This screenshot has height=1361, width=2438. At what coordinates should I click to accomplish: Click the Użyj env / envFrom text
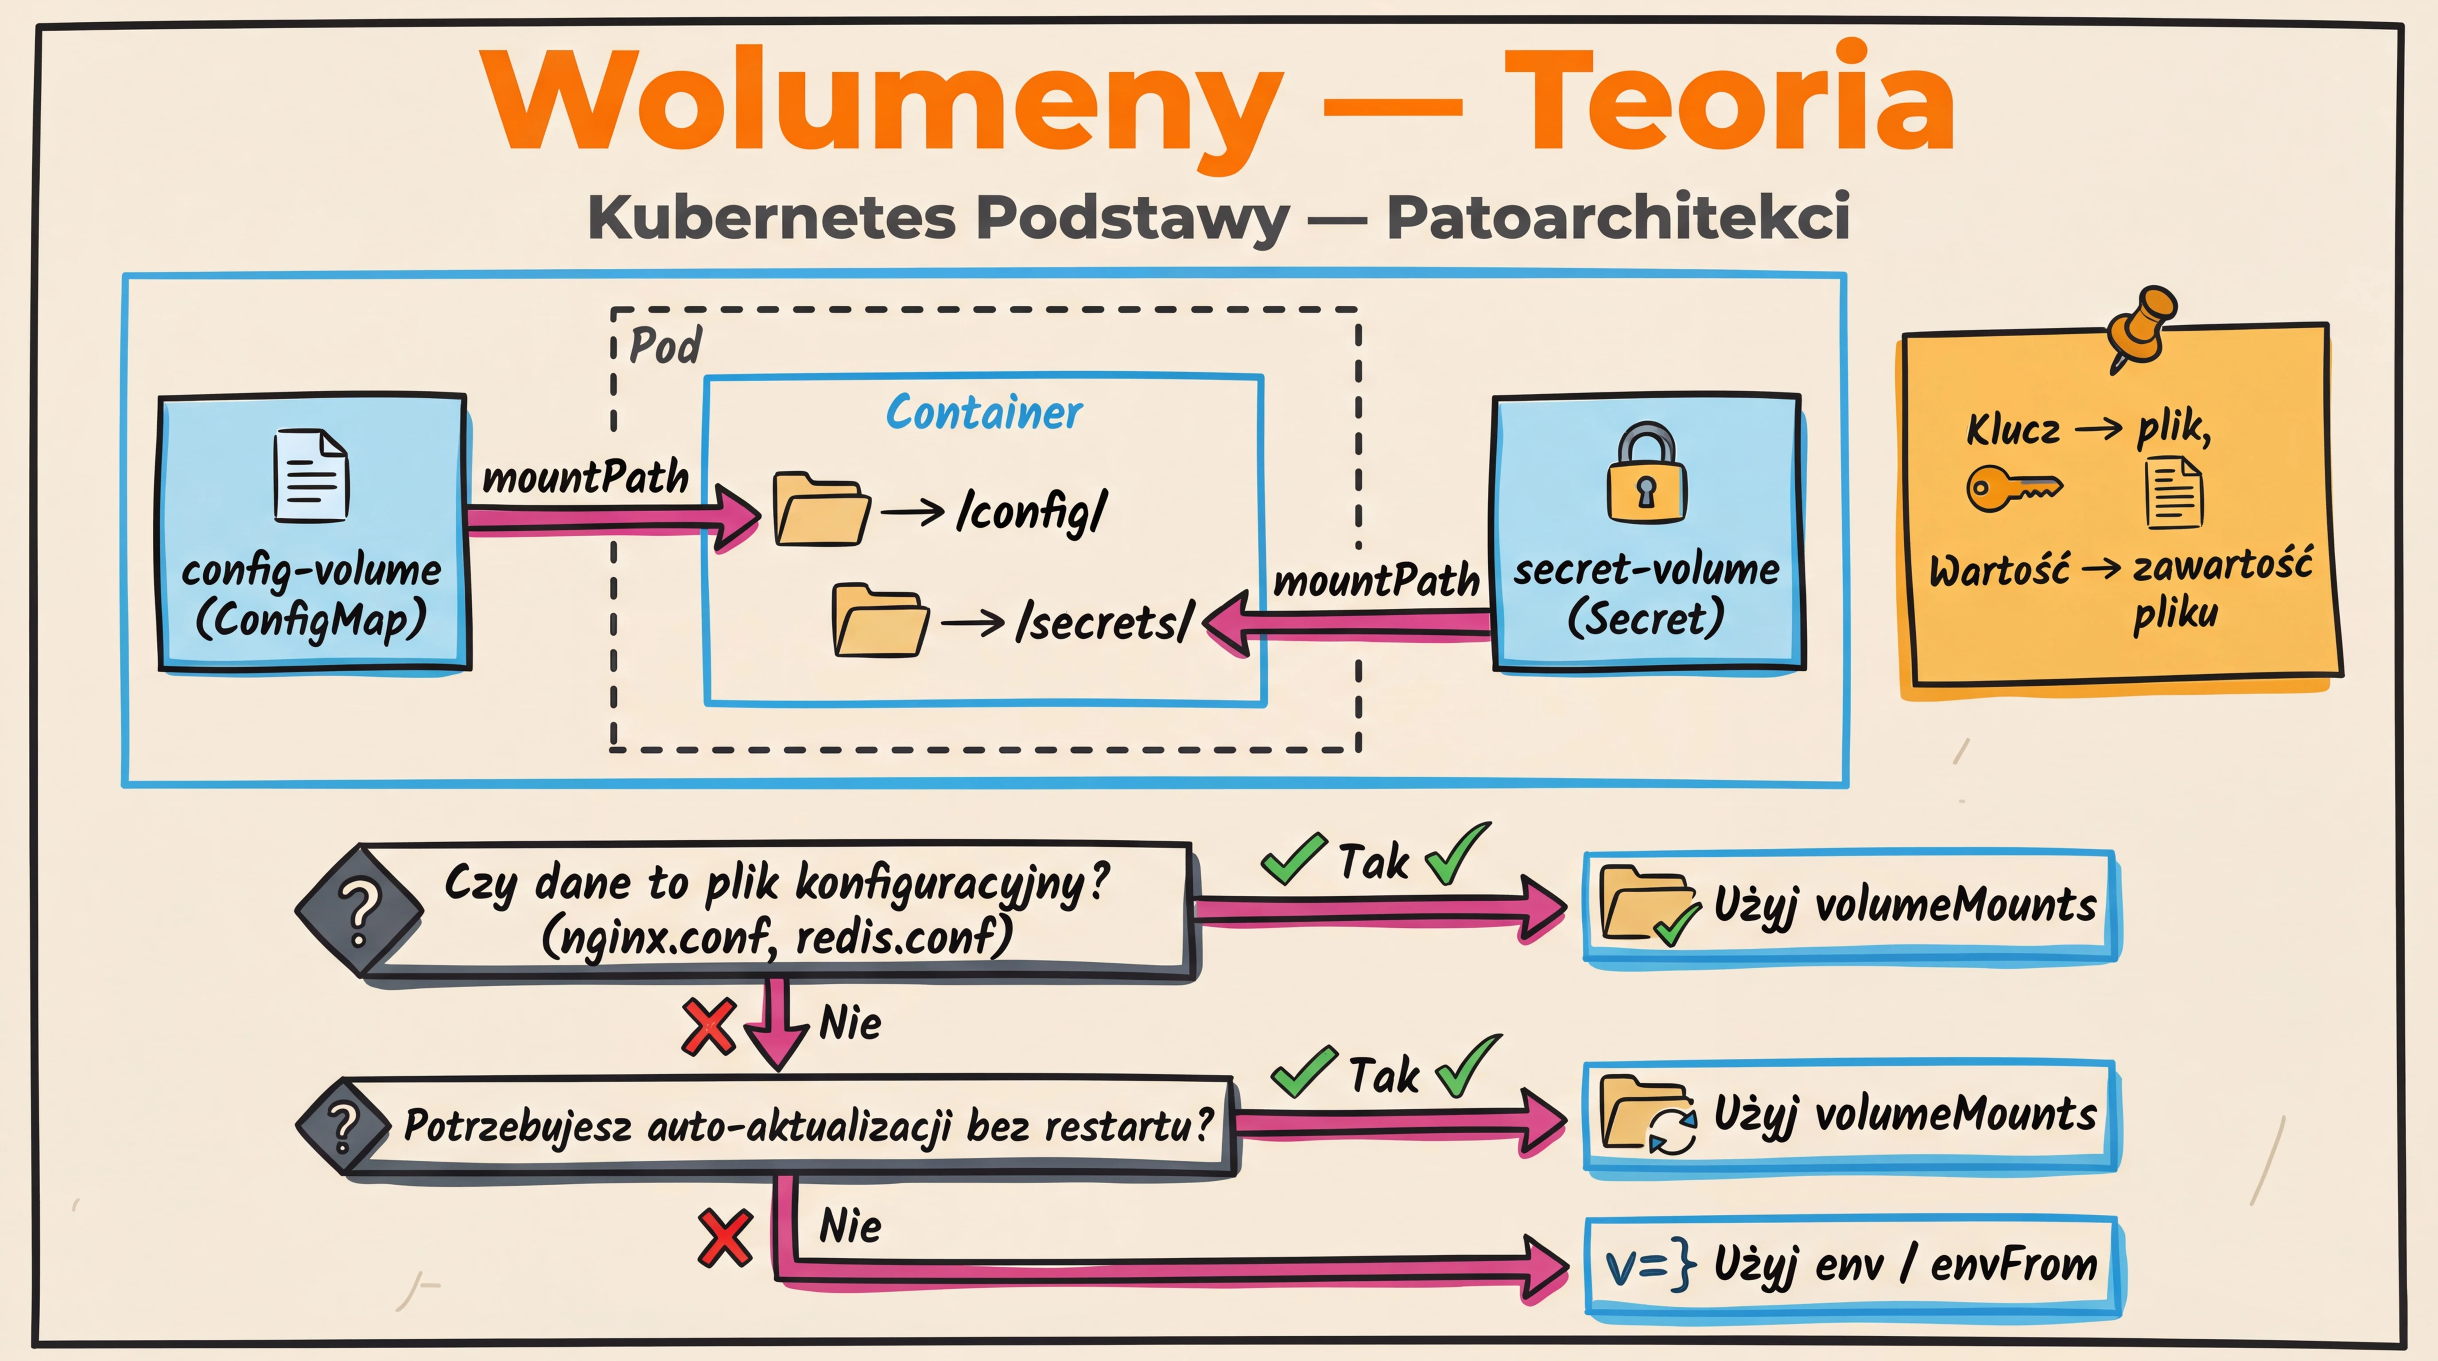click(x=1904, y=1264)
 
